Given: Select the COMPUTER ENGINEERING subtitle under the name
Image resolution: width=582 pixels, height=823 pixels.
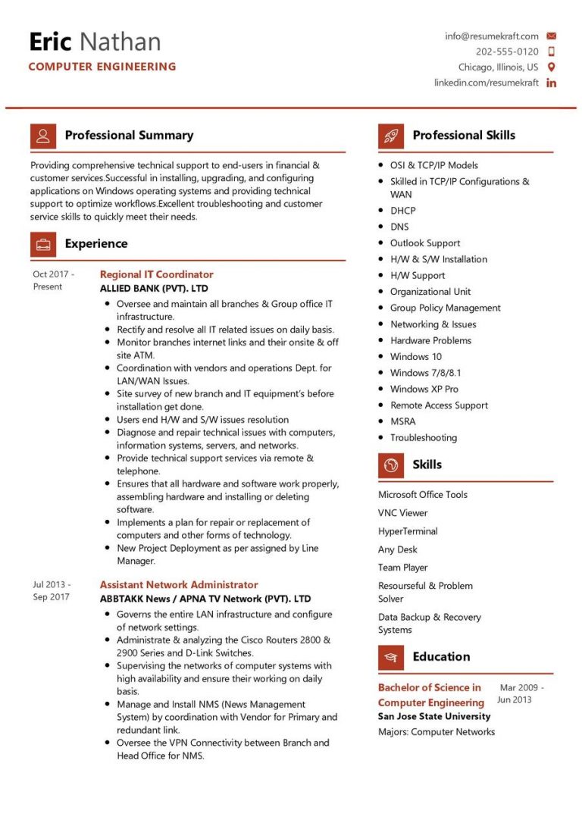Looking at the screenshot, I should click(102, 67).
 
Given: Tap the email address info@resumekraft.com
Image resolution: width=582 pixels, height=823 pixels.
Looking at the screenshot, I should click(492, 36).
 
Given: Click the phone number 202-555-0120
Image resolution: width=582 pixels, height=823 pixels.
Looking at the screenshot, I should click(507, 52).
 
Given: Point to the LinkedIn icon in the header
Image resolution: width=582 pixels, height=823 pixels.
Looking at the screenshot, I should click(551, 83).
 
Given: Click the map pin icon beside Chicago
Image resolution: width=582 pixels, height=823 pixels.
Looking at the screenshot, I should click(551, 67).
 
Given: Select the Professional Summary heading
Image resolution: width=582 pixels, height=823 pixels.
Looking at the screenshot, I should click(129, 136).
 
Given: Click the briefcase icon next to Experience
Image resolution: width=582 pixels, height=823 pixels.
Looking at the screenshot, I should click(42, 244).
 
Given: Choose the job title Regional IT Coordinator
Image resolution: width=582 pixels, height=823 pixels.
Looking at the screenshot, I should click(157, 274).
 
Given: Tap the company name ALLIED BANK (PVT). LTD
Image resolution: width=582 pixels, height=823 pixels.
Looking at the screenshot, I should click(154, 289).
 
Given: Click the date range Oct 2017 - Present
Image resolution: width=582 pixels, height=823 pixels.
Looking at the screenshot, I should click(53, 280).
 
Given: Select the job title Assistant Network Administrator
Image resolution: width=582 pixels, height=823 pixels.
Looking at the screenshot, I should click(179, 585).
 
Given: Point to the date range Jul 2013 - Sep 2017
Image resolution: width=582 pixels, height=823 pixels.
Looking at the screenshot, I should click(52, 590).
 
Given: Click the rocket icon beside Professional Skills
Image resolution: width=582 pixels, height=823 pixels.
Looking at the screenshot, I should click(391, 136).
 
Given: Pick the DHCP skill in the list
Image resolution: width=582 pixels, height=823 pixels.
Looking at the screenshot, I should click(402, 211).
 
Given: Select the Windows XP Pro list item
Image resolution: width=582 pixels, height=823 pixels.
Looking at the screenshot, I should click(424, 389).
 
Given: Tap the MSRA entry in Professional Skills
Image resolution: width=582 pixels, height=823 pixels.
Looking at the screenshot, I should click(402, 421).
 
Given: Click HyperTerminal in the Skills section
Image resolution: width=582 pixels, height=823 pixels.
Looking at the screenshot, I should click(408, 531).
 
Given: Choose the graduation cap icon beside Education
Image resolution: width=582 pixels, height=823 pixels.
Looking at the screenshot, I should click(391, 657).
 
